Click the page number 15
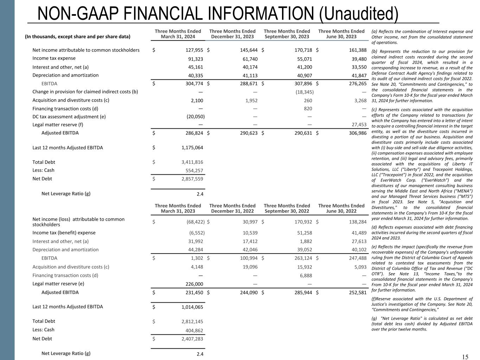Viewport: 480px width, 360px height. tap(465, 357)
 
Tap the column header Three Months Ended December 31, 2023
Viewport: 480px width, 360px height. tap(232, 34)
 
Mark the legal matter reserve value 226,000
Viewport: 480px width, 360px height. tap(194, 284)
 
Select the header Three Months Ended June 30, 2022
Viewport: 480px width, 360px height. tap(341, 208)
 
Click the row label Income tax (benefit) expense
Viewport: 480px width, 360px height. tap(64, 233)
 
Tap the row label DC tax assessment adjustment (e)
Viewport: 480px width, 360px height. tap(69, 116)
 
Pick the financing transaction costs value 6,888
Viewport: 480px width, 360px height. tap(305, 275)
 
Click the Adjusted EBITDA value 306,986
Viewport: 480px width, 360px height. tap(358, 133)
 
